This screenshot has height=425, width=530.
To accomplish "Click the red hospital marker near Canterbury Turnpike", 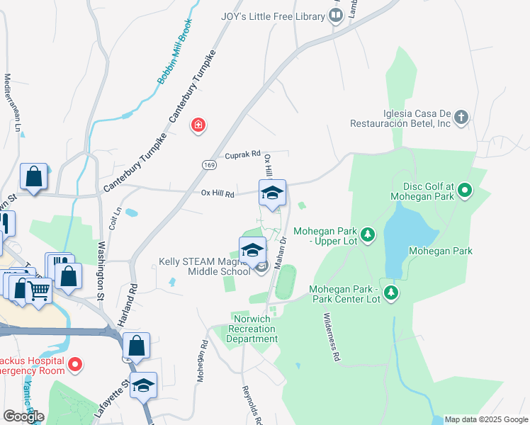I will pos(198,125).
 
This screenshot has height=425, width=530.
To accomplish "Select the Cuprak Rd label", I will pos(243,154).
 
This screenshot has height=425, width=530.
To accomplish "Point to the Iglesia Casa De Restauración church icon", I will pos(461,118).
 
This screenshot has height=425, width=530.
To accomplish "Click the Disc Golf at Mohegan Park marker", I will pos(465,190).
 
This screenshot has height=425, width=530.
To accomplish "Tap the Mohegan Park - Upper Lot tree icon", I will pos(367,234).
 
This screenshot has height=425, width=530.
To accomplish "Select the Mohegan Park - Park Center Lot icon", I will pos(390,292).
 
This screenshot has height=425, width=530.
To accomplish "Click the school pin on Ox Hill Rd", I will pos(272,192).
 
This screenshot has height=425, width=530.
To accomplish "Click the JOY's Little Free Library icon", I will pos(337,16).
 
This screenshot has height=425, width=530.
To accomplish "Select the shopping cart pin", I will pos(40,288).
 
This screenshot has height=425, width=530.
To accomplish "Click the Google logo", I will pos(23,416).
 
